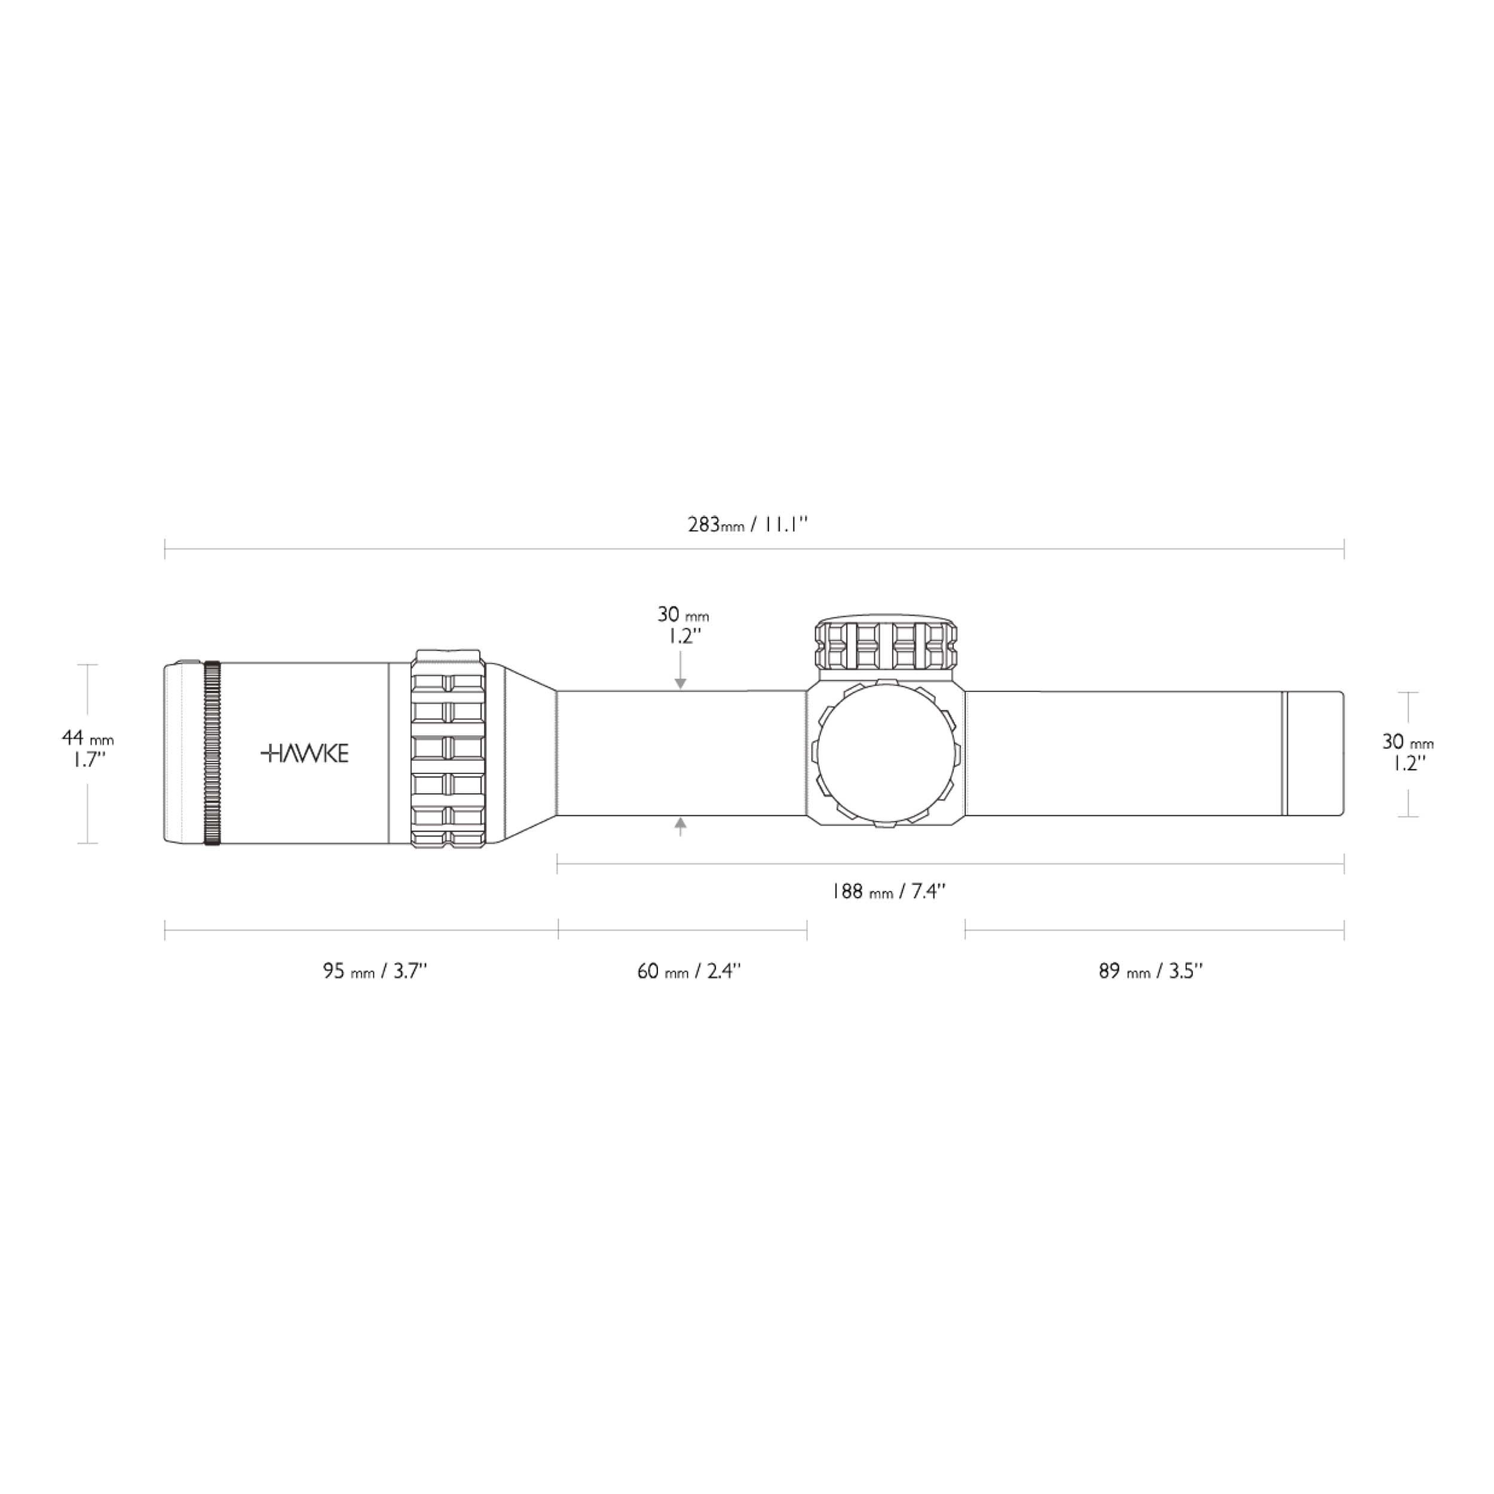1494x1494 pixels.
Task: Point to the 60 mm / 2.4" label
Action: click(x=688, y=971)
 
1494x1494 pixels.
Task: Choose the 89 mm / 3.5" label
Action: click(x=1150, y=971)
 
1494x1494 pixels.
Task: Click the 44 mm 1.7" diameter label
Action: click(x=87, y=749)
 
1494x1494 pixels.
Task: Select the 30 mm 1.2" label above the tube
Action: click(x=682, y=625)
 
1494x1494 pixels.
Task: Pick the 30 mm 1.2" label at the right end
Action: click(x=1407, y=752)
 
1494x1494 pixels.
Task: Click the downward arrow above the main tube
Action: click(x=681, y=681)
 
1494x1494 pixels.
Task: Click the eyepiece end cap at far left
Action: click(x=182, y=753)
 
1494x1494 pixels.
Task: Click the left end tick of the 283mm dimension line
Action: click(x=166, y=549)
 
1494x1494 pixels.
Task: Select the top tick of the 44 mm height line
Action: click(x=87, y=665)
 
